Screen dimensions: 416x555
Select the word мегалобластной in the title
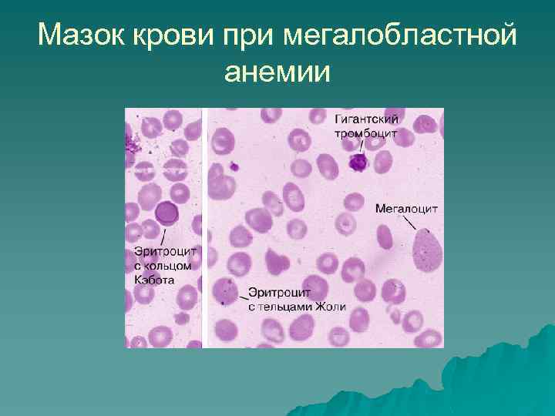(400, 35)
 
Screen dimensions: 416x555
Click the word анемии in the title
(277, 72)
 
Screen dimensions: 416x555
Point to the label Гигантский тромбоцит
(365, 126)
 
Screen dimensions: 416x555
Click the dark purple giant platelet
(358, 162)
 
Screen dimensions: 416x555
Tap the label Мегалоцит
(406, 208)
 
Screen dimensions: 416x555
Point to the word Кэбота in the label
(155, 280)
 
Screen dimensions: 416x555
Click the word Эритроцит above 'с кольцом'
(166, 250)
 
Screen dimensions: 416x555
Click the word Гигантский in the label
(365, 120)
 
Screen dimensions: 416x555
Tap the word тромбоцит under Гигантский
(365, 133)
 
